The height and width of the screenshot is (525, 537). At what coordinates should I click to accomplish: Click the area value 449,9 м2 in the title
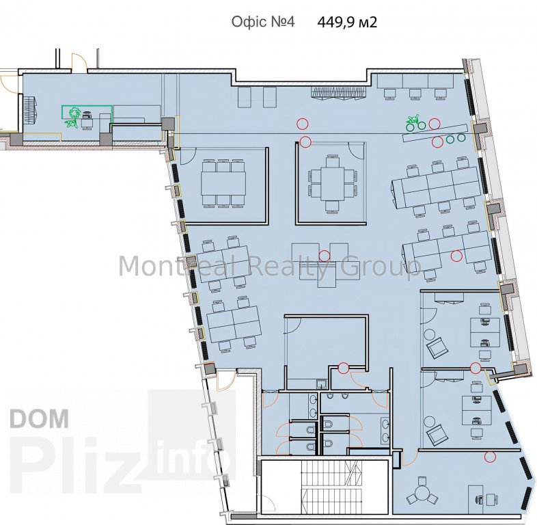tap(347, 23)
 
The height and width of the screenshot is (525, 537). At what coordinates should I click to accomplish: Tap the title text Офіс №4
tap(262, 22)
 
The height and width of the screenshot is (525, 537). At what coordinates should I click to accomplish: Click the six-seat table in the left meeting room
tap(223, 183)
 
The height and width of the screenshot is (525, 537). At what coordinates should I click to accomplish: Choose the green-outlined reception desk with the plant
tap(87, 112)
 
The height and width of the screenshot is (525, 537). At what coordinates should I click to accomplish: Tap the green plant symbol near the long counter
tap(413, 120)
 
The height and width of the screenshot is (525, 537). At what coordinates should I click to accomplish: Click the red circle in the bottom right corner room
tap(490, 457)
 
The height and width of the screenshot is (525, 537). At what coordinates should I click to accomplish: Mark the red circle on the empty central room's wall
tap(343, 368)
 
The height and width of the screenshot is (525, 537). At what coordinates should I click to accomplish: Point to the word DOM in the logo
tap(40, 418)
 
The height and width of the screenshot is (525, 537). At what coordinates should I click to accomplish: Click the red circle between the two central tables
tap(324, 255)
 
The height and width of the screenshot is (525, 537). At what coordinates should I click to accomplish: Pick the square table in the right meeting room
tap(332, 184)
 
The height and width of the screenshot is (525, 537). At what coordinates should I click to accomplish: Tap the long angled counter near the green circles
tap(435, 133)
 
